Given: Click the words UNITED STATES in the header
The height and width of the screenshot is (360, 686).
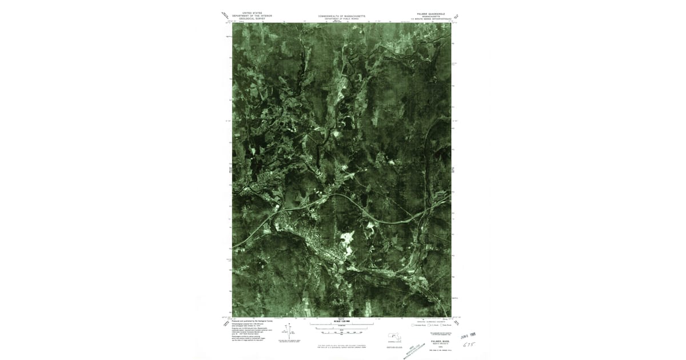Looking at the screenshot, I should click(253, 11).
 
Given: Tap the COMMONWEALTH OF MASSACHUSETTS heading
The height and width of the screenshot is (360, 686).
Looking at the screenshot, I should click(342, 16).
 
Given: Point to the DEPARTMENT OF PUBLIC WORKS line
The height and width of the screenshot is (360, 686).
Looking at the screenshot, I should click(342, 19).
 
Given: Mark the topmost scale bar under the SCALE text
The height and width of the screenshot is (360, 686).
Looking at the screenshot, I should click(342, 325).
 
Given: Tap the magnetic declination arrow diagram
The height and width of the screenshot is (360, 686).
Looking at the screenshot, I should click(289, 330).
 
